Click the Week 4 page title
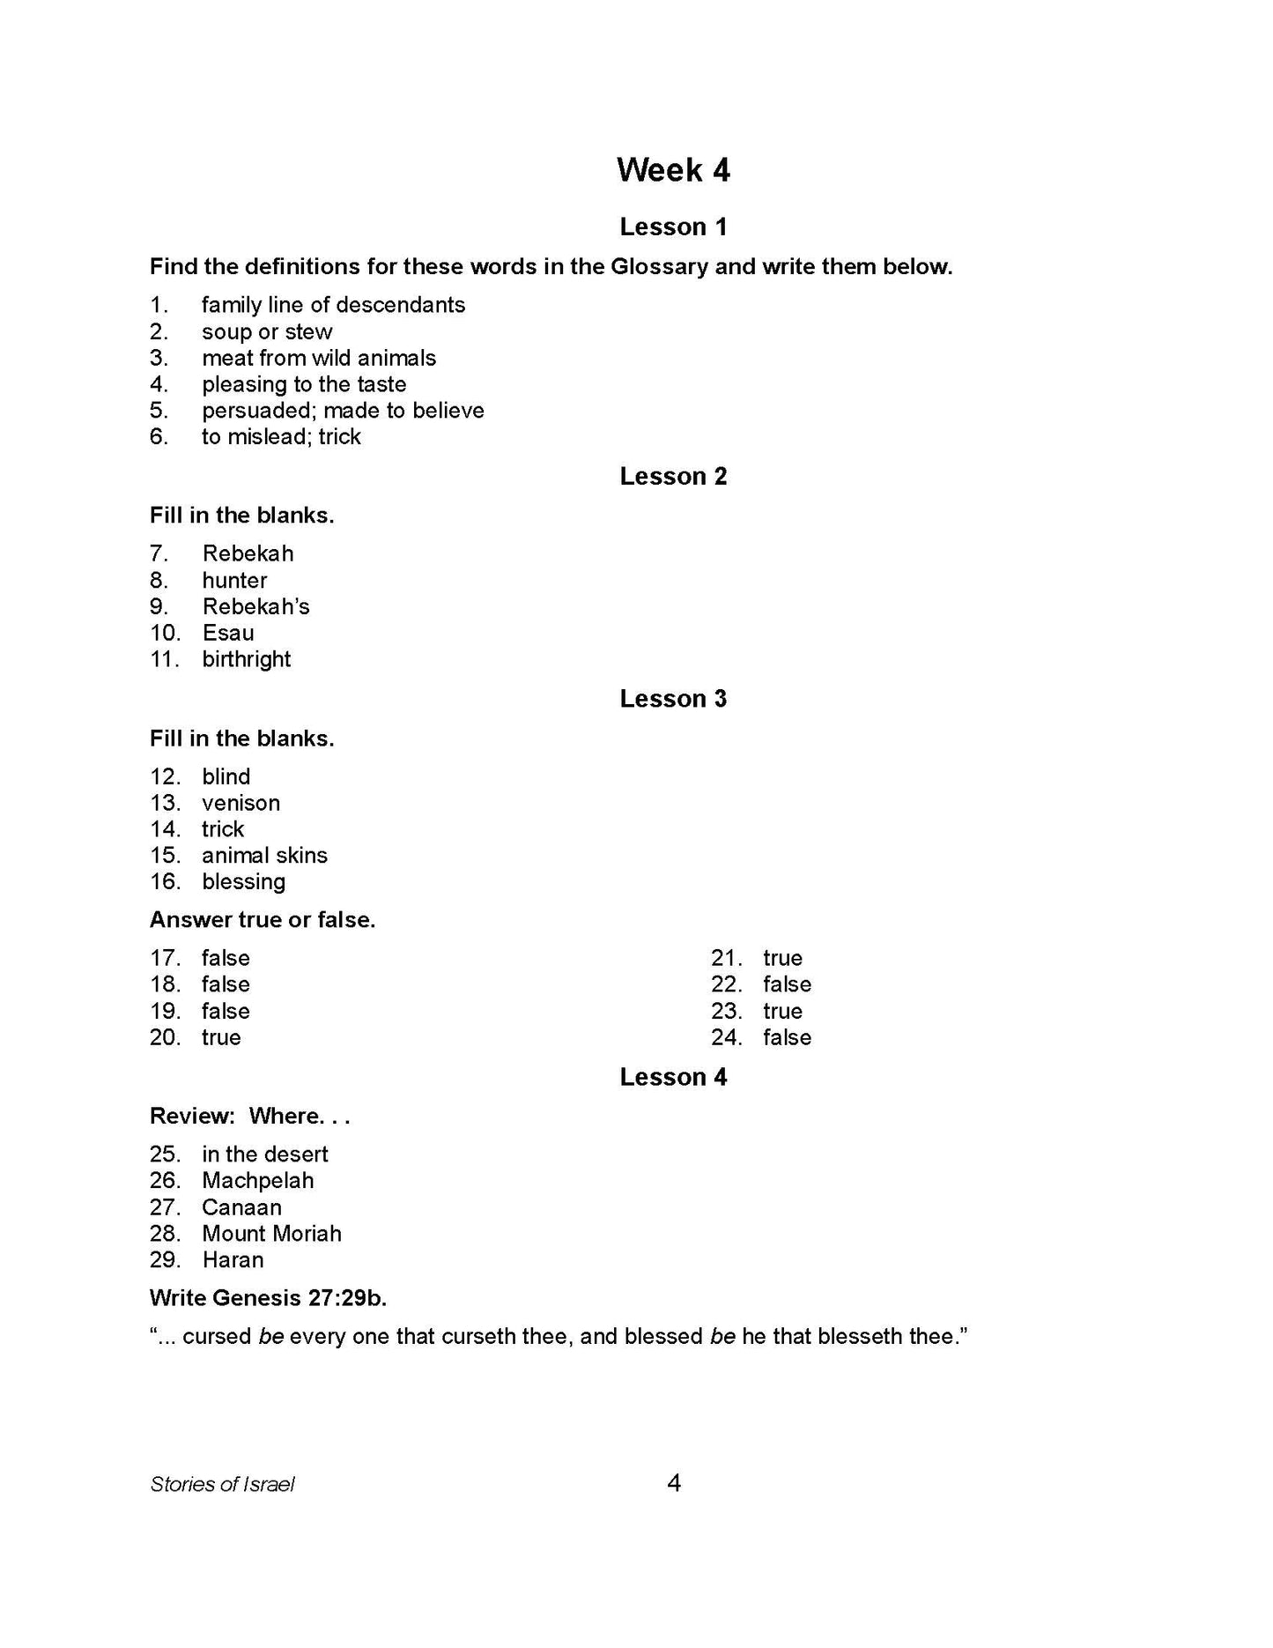click(x=673, y=170)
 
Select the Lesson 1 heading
click(x=673, y=227)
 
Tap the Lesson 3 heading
click(x=673, y=699)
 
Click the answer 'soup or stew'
click(x=267, y=332)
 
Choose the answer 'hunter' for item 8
click(x=234, y=581)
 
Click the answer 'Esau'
click(x=228, y=634)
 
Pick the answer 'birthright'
click(x=246, y=660)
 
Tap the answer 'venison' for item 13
click(x=241, y=804)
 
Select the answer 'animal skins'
click(x=264, y=856)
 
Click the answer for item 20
click(x=221, y=1038)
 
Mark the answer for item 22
click(x=787, y=984)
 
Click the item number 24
click(x=727, y=1038)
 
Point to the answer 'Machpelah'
click(x=257, y=1181)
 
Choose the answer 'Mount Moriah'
click(x=271, y=1234)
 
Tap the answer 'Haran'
click(x=233, y=1260)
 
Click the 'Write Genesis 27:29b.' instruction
click(x=268, y=1298)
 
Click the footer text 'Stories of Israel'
click(x=222, y=1485)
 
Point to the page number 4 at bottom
click(x=674, y=1484)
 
